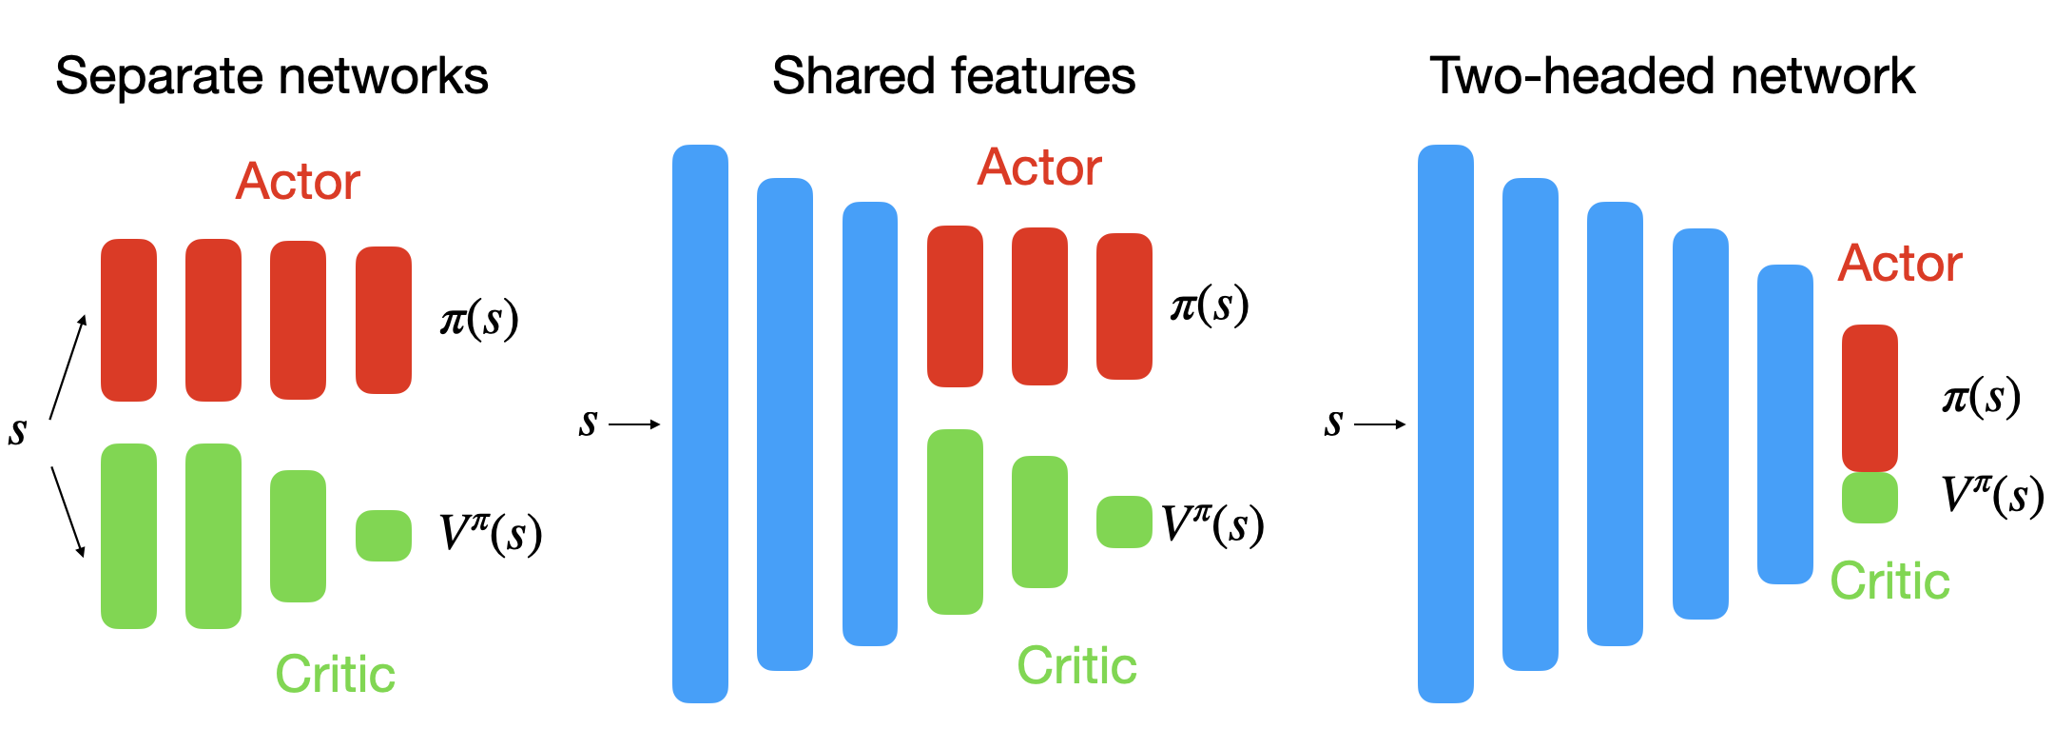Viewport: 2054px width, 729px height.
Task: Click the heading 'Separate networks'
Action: (271, 76)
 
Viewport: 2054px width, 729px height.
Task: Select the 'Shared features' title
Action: (953, 76)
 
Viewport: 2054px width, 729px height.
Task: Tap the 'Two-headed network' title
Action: (1672, 76)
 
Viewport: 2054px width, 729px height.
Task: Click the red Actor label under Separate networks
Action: (298, 182)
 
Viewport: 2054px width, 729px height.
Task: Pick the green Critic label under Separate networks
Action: (335, 675)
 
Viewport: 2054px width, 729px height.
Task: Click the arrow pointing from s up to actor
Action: (68, 366)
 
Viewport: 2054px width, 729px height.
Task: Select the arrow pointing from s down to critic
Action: (68, 511)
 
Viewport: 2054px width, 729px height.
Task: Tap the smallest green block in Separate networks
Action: (383, 536)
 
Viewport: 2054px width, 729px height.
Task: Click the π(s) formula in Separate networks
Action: (479, 319)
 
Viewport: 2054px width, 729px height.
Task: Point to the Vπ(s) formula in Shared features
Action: (1212, 523)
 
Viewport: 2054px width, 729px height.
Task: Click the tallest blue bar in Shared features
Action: (700, 424)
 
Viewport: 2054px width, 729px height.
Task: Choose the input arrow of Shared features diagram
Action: (633, 424)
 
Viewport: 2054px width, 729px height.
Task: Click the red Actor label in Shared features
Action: (1039, 167)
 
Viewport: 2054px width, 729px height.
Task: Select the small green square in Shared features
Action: (1124, 522)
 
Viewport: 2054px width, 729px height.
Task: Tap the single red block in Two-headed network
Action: (1870, 398)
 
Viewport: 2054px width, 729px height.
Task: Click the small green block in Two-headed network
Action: (1870, 498)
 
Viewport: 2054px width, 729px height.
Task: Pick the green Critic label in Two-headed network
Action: (1889, 581)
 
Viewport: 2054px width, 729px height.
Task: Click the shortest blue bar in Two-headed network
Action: (1785, 424)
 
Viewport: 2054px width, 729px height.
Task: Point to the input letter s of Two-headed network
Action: (1333, 423)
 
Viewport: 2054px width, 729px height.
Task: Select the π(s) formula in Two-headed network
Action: (1981, 397)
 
